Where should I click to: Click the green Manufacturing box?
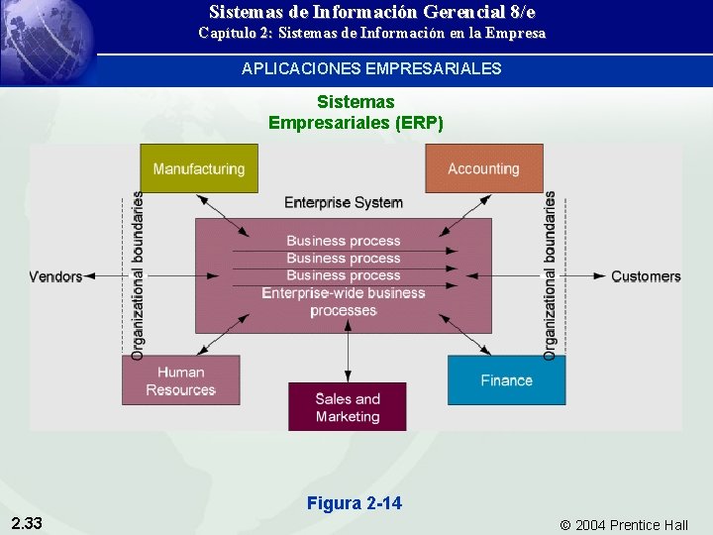tap(199, 168)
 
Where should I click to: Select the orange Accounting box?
tap(483, 168)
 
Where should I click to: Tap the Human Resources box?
tap(181, 380)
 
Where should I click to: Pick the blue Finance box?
tap(506, 380)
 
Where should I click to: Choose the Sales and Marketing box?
tap(348, 407)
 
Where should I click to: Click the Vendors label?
tap(55, 276)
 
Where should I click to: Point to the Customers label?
tap(646, 276)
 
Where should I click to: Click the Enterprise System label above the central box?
tap(343, 202)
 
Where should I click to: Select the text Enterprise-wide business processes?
tap(343, 301)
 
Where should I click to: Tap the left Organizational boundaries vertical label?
tap(138, 274)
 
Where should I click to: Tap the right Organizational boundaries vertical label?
tap(550, 274)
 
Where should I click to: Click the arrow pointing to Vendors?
tap(104, 276)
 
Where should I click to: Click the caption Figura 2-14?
tap(355, 503)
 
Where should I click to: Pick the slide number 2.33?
tap(27, 523)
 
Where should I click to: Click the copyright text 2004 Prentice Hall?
tap(624, 525)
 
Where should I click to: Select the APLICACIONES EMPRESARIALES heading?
tap(371, 69)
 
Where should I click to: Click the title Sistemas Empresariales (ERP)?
tap(356, 112)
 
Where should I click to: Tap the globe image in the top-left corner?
tap(45, 40)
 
